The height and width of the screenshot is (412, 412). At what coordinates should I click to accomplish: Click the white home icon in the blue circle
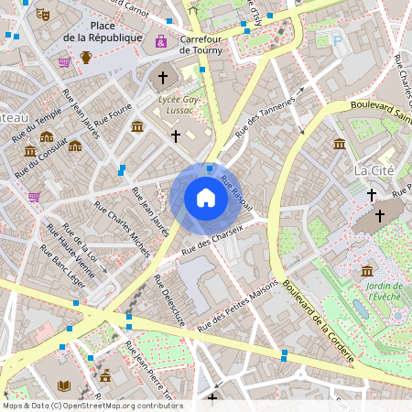click(205, 198)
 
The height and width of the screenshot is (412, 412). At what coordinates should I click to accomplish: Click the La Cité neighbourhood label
click(372, 171)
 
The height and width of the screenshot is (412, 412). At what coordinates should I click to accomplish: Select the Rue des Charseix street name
click(212, 237)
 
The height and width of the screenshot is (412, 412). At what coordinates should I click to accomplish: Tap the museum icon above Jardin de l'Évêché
click(367, 271)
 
